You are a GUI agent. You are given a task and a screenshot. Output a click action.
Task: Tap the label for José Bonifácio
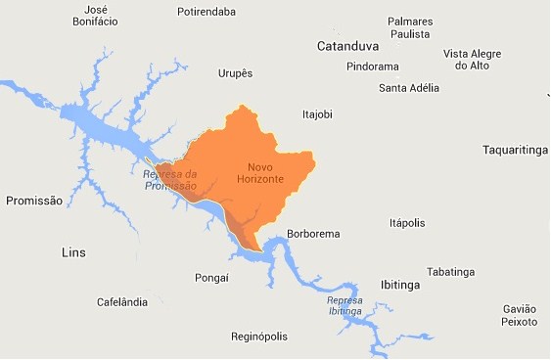(96, 15)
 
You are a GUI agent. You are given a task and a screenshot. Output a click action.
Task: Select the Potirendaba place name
(207, 12)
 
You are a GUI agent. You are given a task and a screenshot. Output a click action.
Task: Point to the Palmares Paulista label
(410, 27)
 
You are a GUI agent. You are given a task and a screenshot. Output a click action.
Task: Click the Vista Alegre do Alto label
(472, 60)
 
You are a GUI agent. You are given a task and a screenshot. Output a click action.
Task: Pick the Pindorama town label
(373, 67)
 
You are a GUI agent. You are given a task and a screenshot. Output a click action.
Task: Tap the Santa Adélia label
(408, 88)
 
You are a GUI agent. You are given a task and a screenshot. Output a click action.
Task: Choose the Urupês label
(235, 72)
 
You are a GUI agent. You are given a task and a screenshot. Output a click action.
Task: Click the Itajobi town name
(317, 114)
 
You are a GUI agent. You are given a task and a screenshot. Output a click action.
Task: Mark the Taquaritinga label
(515, 150)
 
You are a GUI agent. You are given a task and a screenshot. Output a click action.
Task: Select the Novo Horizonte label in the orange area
(259, 173)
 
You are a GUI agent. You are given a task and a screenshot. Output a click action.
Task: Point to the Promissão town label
(34, 201)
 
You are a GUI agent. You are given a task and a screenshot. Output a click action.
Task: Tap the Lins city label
(73, 252)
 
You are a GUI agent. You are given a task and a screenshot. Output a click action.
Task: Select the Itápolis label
(407, 222)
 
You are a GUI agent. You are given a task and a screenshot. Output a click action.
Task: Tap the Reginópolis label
(259, 337)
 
